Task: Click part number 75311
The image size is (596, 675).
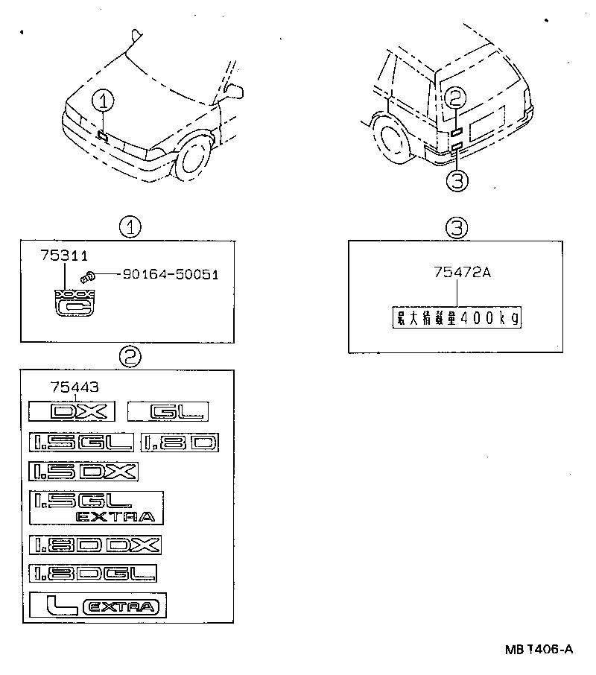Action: (x=62, y=256)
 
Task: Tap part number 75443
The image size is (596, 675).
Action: (x=74, y=387)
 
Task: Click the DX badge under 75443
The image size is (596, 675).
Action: (x=69, y=411)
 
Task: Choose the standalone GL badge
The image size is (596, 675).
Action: (x=168, y=411)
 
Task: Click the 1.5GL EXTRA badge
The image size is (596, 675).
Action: (x=96, y=507)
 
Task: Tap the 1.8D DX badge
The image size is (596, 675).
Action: (x=95, y=545)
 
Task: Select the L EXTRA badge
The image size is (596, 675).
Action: (x=98, y=606)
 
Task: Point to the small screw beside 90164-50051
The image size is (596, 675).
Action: (x=88, y=276)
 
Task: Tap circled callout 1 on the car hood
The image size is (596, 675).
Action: (x=104, y=100)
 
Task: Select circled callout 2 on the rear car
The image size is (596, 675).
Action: (x=457, y=97)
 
